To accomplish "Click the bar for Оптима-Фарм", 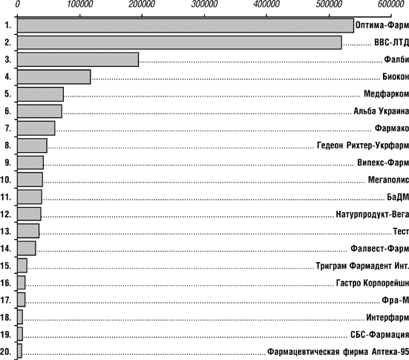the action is [186, 25].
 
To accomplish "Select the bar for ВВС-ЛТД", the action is [180, 42].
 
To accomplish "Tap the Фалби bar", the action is [78, 59].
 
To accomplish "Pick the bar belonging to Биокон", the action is [54, 76].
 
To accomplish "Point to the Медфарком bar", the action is [40, 94].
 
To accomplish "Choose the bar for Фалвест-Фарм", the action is [27, 249].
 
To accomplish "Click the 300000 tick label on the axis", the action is [204, 4].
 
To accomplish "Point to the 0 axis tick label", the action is [18, 4].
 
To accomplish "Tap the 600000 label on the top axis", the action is [391, 4].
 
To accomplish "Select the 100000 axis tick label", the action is [80, 4].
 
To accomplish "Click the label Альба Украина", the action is [381, 111].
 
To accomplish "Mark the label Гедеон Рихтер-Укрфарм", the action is [363, 145].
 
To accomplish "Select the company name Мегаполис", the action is [388, 180].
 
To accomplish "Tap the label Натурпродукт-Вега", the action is [372, 215].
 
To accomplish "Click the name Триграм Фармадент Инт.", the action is [362, 266].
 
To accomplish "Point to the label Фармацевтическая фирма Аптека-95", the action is [338, 352].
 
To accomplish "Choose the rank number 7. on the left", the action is [8, 128].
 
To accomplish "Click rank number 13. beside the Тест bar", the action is [6, 231].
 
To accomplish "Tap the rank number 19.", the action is [6, 334].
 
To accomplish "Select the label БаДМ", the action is [398, 197].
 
